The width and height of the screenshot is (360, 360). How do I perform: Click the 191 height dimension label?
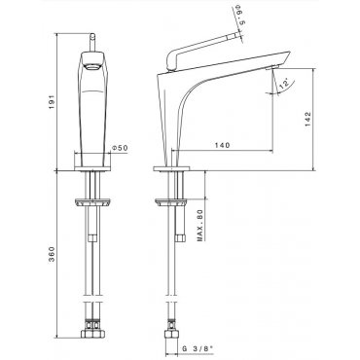click(52, 102)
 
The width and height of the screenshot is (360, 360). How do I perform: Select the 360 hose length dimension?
click(52, 254)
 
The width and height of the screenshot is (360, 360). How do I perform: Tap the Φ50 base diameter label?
click(120, 148)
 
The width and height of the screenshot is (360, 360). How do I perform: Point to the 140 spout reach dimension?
click(222, 145)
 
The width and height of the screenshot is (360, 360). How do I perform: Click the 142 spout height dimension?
click(307, 120)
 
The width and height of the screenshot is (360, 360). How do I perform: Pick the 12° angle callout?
click(283, 85)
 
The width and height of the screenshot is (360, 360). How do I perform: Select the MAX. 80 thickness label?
click(199, 225)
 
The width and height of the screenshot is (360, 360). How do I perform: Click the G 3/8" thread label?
click(198, 348)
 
